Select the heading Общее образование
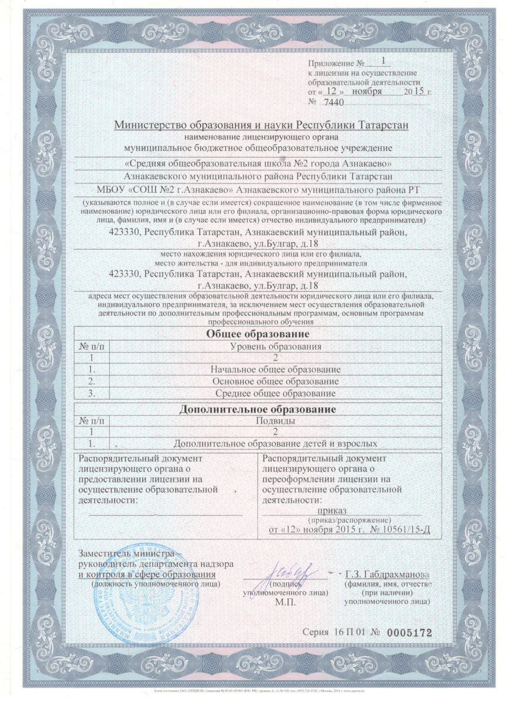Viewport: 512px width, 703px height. (256, 334)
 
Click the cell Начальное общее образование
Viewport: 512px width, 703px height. (275, 370)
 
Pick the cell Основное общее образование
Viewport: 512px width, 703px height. (275, 381)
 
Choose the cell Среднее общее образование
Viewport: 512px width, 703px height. (275, 393)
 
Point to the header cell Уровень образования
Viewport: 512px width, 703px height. (275, 347)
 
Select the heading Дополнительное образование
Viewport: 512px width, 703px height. (256, 408)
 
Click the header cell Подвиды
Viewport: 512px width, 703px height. (275, 420)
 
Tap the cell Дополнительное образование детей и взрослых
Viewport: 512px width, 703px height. (275, 443)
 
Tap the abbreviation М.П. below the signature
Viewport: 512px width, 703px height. (285, 602)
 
